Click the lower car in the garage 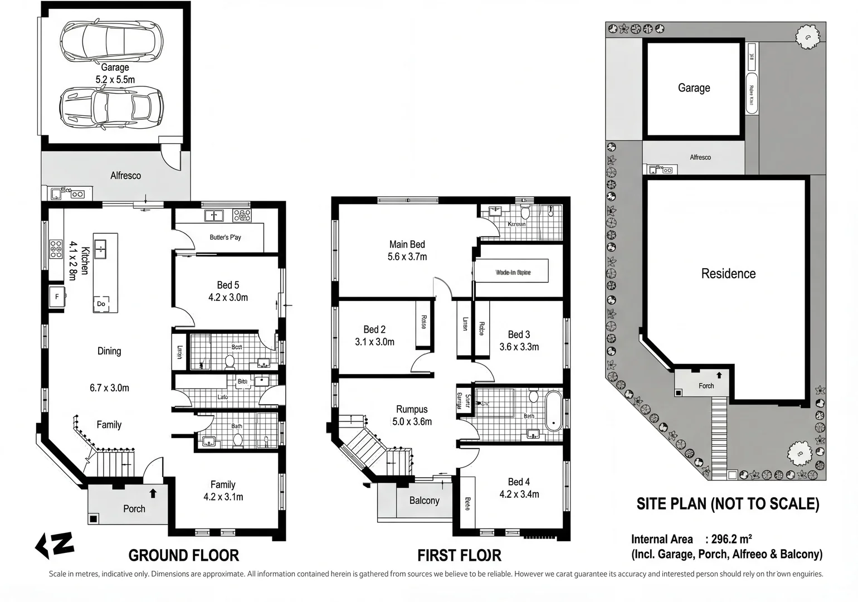point(111,108)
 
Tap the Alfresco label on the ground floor point(125,176)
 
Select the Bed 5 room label point(228,285)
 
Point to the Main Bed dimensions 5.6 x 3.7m point(407,257)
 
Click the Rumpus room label point(412,409)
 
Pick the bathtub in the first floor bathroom point(553,411)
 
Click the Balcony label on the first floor point(424,501)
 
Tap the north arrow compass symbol point(55,545)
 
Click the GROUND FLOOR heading point(183,556)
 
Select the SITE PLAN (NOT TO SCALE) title point(728,504)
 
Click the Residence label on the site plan point(728,274)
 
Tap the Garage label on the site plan point(694,88)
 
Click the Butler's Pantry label point(225,237)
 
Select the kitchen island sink point(101,248)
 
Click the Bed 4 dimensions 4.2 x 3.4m point(519,494)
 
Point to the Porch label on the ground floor point(134,509)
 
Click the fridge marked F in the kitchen point(56,297)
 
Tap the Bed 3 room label point(519,334)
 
